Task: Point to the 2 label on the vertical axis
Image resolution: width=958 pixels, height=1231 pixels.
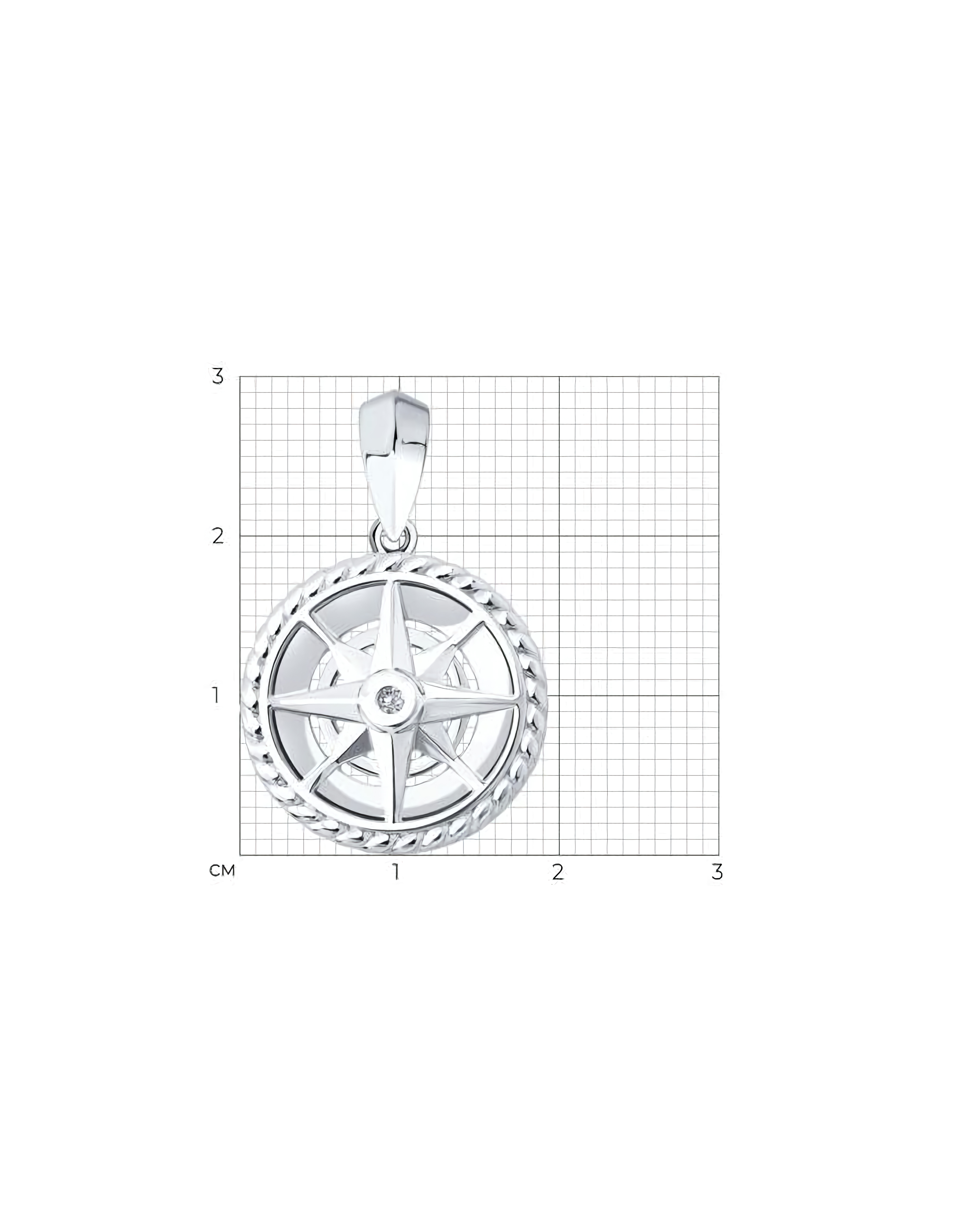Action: click(218, 536)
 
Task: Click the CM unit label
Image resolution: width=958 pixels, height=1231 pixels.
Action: click(222, 871)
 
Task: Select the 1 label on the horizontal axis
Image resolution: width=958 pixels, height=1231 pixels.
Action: click(397, 872)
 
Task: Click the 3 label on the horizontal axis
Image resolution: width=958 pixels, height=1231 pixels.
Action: click(717, 872)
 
